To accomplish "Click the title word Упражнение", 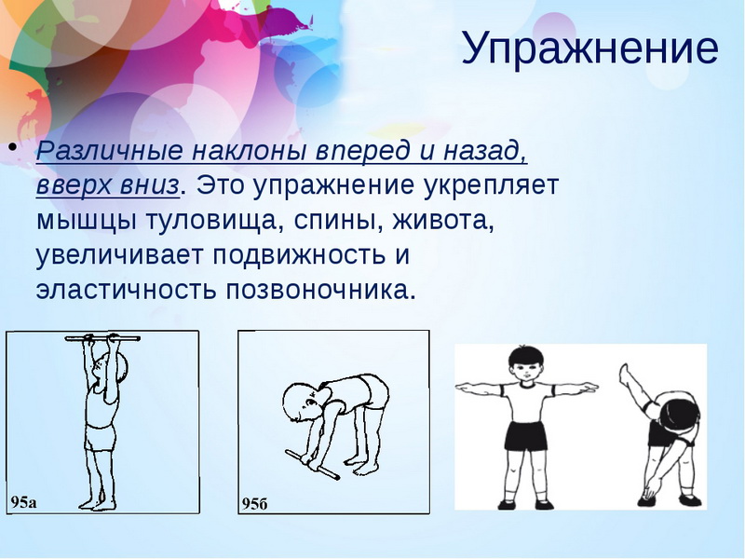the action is [x=590, y=49].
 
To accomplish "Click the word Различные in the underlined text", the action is [x=109, y=152].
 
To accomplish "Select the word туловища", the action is [x=210, y=221].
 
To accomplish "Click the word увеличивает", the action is [x=119, y=255].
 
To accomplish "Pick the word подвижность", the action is [x=299, y=255].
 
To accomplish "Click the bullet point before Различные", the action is [x=13, y=146].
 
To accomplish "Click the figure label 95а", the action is [x=23, y=502].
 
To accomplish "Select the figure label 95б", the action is [x=255, y=503].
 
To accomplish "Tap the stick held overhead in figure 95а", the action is [x=102, y=339].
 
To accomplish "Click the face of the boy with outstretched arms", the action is [x=524, y=368].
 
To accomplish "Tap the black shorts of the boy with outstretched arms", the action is [x=525, y=435].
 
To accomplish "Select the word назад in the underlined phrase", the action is [x=485, y=152].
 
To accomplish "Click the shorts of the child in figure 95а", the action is [x=101, y=437].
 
